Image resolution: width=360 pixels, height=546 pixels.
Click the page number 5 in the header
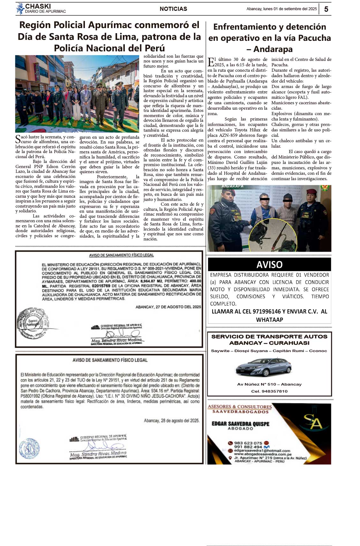click(326, 9)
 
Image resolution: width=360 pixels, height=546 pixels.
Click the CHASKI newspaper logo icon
click(20, 9)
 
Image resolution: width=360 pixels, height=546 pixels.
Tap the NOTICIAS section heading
click(173, 9)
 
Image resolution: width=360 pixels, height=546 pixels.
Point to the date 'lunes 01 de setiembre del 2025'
click(290, 9)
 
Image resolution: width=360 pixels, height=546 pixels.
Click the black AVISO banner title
click(269, 264)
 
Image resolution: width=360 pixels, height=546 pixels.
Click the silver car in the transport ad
click(264, 367)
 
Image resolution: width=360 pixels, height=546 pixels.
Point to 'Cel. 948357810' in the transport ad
click(269, 391)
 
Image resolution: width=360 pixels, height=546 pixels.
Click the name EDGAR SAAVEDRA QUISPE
click(241, 424)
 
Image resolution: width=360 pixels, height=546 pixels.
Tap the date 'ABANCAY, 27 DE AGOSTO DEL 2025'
click(168, 307)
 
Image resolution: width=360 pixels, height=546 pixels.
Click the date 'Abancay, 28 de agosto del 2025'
click(172, 421)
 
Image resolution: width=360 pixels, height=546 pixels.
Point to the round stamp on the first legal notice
click(33, 323)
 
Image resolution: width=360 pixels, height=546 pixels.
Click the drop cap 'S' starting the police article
click(18, 139)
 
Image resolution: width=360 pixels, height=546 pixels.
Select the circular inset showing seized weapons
click(273, 235)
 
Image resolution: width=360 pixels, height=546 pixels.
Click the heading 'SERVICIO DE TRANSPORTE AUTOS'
click(269, 336)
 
